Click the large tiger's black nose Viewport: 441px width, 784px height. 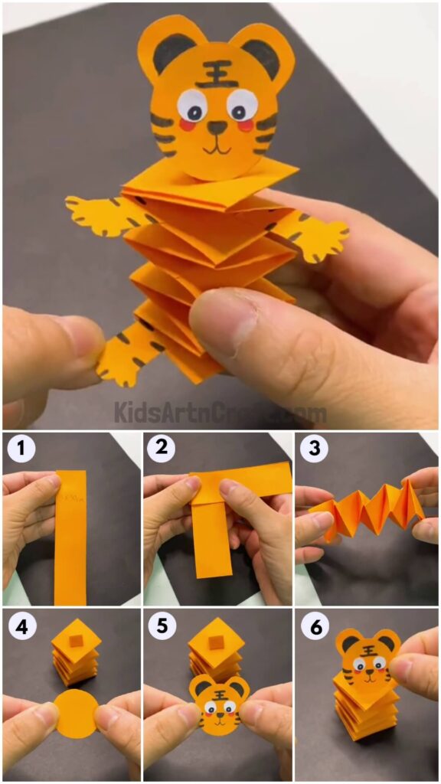[x=217, y=127]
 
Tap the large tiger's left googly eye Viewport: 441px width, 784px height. [x=192, y=103]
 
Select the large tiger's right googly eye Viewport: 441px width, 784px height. [x=242, y=103]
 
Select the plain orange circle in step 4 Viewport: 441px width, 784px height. [x=75, y=713]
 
